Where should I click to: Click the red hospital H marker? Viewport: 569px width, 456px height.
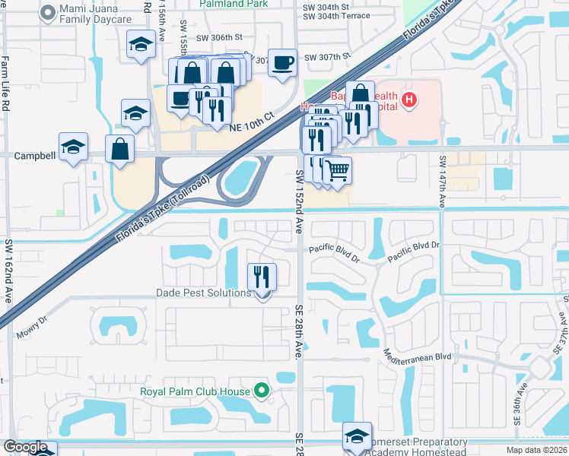[409, 100]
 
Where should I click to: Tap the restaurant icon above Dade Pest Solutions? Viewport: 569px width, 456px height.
[262, 276]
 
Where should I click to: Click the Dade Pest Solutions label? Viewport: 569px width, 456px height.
[203, 293]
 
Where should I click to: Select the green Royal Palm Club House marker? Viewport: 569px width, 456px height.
[262, 391]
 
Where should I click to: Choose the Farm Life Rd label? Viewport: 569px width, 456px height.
[5, 84]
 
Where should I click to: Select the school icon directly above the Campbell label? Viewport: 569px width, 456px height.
[74, 147]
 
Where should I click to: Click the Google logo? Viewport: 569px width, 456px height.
[26, 447]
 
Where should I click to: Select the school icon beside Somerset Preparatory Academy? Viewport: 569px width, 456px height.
[357, 436]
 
